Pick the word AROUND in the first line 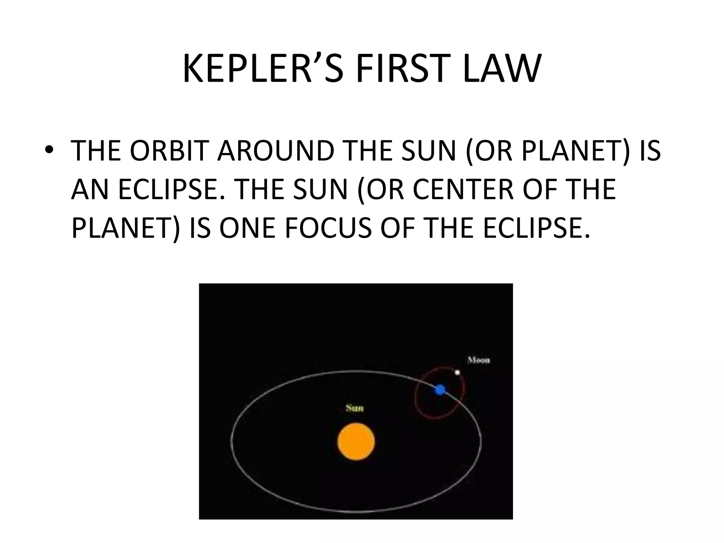276,151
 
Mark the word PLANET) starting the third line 126,228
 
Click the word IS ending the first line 650,151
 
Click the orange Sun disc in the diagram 356,441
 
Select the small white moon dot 457,372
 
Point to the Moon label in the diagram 479,360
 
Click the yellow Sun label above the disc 354,408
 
